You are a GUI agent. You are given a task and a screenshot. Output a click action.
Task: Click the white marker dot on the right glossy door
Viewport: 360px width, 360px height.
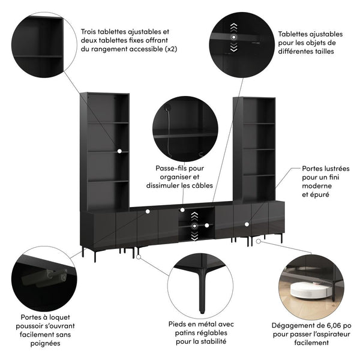(x=246, y=224)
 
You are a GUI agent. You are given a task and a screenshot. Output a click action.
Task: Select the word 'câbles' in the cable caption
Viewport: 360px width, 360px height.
(x=200, y=186)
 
